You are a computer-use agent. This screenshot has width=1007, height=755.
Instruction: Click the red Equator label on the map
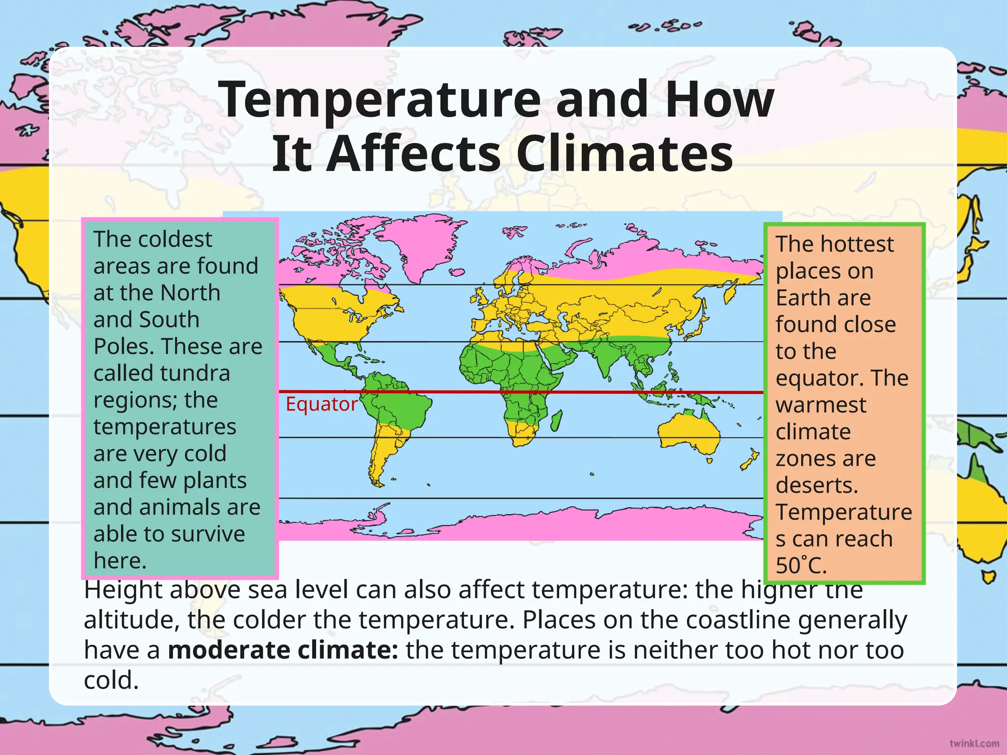[321, 404]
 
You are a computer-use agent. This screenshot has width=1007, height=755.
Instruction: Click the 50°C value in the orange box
[801, 565]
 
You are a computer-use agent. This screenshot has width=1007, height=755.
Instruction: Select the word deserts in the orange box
[817, 485]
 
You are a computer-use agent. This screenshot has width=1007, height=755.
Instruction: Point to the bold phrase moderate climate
[283, 650]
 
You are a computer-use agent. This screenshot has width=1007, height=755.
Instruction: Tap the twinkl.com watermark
[974, 743]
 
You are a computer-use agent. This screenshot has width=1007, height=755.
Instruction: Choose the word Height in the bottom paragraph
[123, 590]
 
